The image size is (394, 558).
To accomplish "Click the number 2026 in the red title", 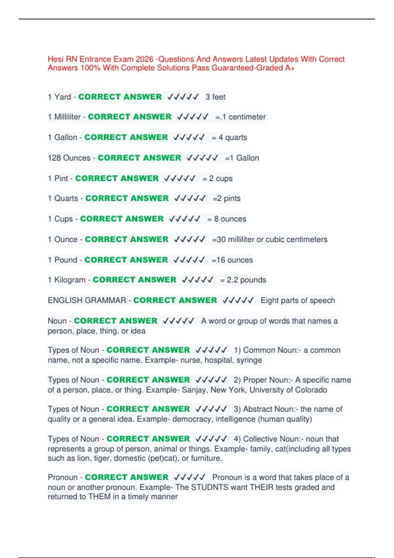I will [144, 59].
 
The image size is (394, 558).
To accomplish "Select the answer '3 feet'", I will [215, 97].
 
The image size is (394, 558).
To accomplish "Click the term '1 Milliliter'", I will [64, 117].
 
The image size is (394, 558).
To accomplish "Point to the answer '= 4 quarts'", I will [229, 137].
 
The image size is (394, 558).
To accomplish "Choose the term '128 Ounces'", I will [69, 158].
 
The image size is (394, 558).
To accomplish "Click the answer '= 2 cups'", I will [217, 178].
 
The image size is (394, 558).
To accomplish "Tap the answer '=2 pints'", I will [227, 198].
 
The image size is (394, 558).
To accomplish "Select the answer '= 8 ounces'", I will [227, 219].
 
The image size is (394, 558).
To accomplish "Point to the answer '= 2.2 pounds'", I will [243, 280].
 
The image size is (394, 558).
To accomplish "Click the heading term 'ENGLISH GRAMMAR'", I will [87, 300].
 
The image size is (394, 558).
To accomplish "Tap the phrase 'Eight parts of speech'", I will [298, 300].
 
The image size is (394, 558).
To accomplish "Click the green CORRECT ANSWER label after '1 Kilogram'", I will [134, 280].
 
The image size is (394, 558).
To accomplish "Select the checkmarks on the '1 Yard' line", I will [183, 97].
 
